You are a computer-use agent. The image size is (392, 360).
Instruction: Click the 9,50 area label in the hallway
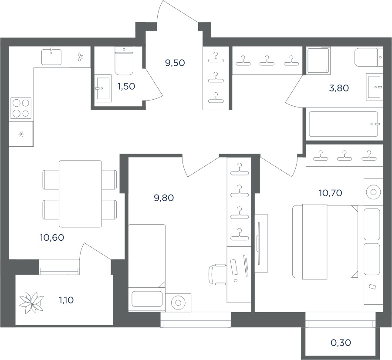coord(175,63)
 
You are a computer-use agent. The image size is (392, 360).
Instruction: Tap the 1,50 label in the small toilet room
coord(126,87)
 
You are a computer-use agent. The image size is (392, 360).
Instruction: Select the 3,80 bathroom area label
coord(339,88)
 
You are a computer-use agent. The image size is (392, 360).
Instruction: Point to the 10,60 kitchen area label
coord(52,238)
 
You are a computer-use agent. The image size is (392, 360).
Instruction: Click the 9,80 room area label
coord(164,198)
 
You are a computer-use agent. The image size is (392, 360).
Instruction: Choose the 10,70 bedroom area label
coord(331,193)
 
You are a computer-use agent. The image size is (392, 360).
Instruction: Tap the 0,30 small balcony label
coord(341,343)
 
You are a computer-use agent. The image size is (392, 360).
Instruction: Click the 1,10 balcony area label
coord(66,300)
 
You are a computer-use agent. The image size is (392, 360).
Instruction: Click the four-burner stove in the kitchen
coord(21,108)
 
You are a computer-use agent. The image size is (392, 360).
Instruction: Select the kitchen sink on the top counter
coord(51,57)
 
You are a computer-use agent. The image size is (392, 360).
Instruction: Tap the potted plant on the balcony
coord(31,303)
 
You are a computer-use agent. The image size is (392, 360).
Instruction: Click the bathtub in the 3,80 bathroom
coord(344,124)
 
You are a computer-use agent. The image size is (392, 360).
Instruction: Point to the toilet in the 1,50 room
coord(124,61)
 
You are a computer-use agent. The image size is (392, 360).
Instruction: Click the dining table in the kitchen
coord(80,194)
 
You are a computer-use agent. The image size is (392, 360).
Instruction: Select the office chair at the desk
coord(217,274)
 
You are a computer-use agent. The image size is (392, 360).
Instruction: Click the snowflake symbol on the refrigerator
coord(21,134)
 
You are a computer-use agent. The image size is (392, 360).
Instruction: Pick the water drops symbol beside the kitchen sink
coord(80,57)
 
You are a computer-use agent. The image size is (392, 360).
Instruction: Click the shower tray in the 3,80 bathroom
coord(318,61)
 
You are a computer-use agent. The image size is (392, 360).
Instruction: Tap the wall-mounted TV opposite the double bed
coord(258,243)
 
